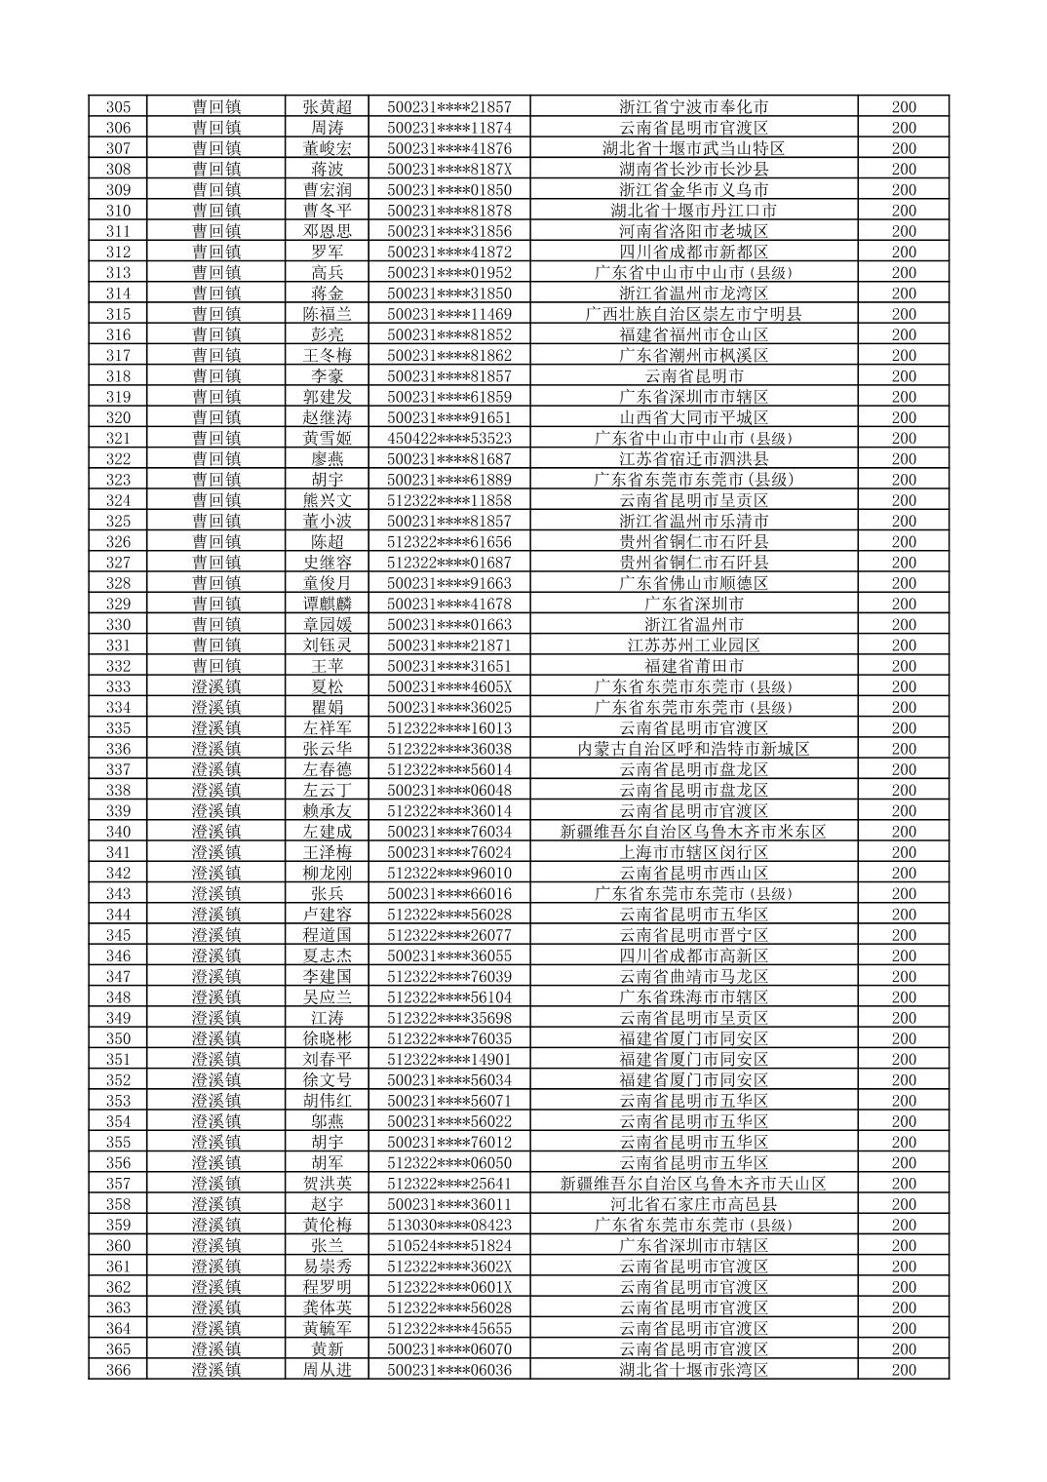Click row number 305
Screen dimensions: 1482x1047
click(118, 107)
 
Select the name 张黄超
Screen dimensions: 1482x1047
click(327, 107)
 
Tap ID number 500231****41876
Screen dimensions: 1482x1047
click(448, 148)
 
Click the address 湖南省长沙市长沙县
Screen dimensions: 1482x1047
click(693, 169)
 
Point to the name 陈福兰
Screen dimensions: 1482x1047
click(327, 314)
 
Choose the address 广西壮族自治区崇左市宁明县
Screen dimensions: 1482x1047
click(693, 314)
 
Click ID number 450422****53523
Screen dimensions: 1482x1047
click(448, 438)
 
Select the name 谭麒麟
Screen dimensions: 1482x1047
click(327, 604)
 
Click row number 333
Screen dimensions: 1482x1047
click(118, 686)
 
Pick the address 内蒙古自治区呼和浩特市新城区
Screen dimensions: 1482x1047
click(693, 749)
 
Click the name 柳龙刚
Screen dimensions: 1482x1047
click(327, 873)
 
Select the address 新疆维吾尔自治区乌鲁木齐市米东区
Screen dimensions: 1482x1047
click(693, 832)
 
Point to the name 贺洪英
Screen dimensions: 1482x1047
click(327, 1184)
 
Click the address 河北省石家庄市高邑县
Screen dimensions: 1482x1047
click(693, 1204)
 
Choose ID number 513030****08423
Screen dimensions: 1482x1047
click(448, 1225)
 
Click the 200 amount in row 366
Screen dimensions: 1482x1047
click(904, 1370)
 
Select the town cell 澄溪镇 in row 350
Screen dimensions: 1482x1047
click(215, 1038)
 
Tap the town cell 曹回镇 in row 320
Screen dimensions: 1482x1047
click(215, 417)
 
